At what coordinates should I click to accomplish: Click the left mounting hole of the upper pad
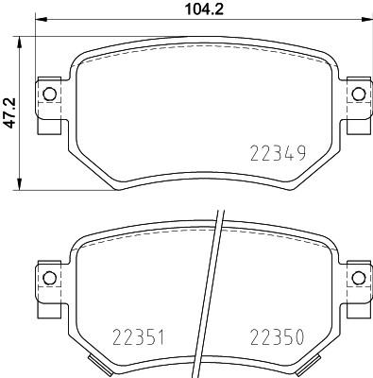(47, 93)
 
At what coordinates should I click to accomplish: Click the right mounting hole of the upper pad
(357, 93)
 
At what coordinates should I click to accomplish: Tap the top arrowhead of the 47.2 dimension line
(21, 40)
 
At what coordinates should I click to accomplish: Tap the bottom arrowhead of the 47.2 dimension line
(21, 186)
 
